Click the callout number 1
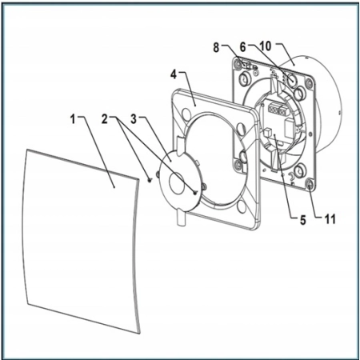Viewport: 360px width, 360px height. coord(73,119)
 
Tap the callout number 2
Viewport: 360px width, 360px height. coord(105,119)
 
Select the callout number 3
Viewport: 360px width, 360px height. coord(134,119)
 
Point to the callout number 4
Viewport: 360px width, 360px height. coord(174,74)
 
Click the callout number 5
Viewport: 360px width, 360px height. coord(303,220)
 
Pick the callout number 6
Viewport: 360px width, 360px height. coord(242,47)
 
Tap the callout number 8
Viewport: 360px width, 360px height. coord(216,47)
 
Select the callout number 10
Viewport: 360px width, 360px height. coord(265,46)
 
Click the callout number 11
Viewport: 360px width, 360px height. coord(330,219)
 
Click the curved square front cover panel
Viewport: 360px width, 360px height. coord(80,240)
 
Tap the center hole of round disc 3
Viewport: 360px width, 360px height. coord(177,183)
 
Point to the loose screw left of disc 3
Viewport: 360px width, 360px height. coord(150,180)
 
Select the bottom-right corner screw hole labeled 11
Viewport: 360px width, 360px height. coord(310,184)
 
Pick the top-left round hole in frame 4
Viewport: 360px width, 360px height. coord(185,114)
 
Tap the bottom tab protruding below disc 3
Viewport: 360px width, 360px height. coord(181,218)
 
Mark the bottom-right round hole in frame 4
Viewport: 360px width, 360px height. coord(242,206)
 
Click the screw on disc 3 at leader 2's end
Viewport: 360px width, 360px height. coord(196,192)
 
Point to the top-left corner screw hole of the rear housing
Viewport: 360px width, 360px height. coord(237,64)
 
